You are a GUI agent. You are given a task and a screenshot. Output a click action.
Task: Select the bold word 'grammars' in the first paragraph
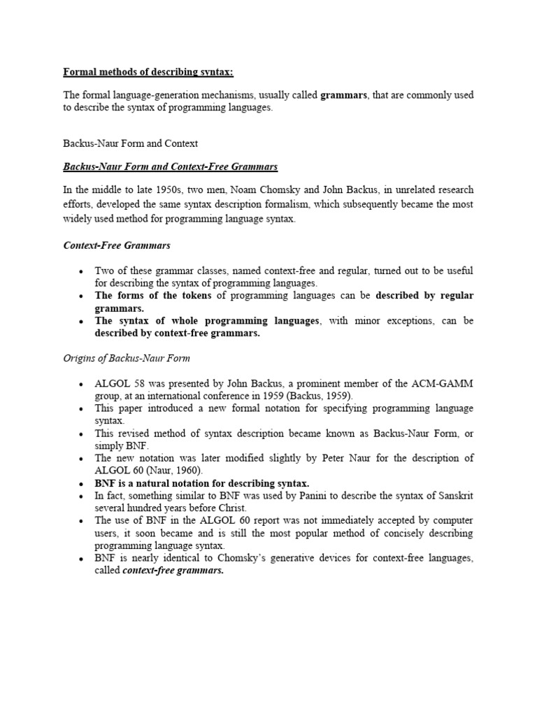click(343, 95)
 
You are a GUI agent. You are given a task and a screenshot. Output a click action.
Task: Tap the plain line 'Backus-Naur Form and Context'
click(131, 143)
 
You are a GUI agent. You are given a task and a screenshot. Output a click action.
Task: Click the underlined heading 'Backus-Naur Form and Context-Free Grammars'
click(171, 166)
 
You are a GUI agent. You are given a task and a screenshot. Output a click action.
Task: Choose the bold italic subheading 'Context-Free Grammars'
click(117, 245)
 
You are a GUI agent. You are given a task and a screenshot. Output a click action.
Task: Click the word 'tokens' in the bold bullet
click(190, 296)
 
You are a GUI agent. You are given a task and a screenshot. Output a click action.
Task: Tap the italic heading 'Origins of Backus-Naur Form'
click(127, 359)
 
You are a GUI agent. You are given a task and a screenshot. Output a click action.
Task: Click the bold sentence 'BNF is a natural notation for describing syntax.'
click(202, 483)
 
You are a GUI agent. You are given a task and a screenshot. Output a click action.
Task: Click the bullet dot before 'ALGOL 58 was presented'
click(81, 385)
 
